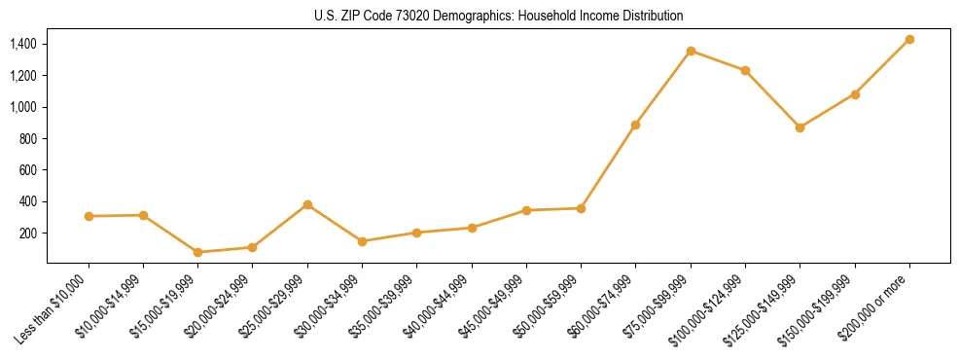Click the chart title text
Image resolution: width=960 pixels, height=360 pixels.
(498, 16)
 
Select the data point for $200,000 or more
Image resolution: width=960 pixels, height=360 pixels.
(909, 39)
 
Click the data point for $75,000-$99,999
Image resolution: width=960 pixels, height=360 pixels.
(691, 51)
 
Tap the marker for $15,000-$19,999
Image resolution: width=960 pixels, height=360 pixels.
(198, 252)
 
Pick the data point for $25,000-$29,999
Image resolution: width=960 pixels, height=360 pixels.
(307, 204)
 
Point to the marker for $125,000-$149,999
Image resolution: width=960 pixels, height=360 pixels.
(800, 127)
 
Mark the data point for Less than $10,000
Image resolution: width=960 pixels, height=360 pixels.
(89, 216)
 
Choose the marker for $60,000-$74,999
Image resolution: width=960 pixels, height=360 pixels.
(635, 125)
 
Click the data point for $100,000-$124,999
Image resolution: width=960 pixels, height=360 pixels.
(745, 70)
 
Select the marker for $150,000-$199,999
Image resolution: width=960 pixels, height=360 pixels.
(855, 94)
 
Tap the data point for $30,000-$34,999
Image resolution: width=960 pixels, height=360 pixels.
(362, 241)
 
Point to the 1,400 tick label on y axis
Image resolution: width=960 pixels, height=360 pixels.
(22, 44)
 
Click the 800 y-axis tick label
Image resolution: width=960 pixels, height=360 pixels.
(27, 138)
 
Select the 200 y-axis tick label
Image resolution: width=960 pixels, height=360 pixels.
(27, 233)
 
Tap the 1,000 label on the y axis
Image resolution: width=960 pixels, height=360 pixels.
(22, 107)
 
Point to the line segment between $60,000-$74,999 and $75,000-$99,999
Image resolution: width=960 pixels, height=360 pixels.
(663, 88)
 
